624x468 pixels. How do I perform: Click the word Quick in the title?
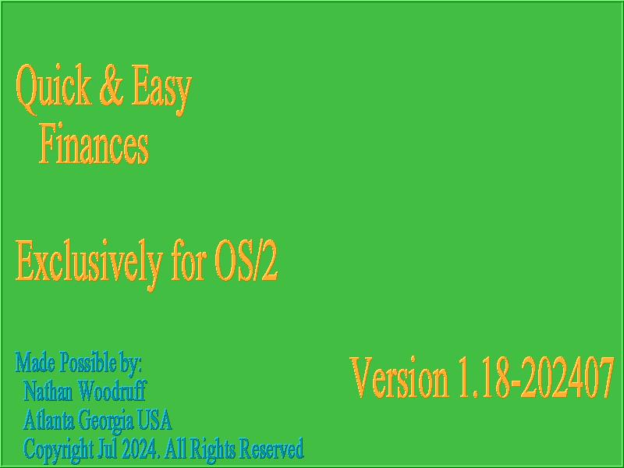(x=54, y=88)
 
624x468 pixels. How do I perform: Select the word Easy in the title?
(x=161, y=90)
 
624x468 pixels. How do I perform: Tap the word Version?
(x=399, y=378)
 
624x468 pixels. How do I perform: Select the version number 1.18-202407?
(x=536, y=378)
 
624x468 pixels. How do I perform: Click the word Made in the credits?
(x=35, y=362)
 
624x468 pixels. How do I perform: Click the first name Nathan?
(x=48, y=391)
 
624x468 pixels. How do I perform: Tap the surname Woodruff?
(x=112, y=391)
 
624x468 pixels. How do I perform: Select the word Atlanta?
(x=48, y=420)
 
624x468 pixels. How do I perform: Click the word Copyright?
(x=58, y=450)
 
